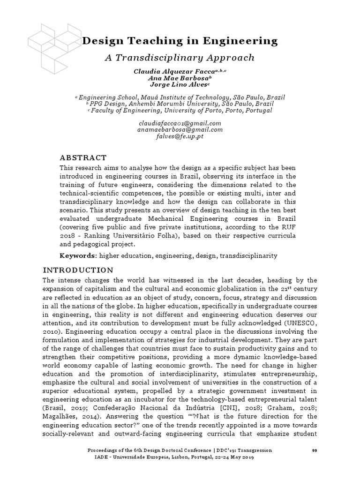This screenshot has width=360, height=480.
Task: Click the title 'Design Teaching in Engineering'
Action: tap(180, 41)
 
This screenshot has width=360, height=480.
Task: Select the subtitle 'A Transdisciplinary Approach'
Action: tap(180, 58)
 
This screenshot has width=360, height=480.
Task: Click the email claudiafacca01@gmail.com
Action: tap(180, 123)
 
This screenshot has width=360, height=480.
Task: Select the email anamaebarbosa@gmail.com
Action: tap(180, 130)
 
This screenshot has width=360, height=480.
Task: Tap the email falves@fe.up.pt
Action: tap(180, 136)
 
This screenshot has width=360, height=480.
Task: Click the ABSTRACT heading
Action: tap(83, 158)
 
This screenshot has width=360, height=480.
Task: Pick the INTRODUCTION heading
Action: tap(78, 270)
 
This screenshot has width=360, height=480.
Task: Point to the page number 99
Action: tap(315, 450)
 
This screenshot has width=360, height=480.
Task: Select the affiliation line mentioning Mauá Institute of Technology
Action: tap(180, 97)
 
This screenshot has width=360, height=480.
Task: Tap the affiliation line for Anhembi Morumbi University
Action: tap(180, 104)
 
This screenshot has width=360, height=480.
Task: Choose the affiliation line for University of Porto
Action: tap(180, 111)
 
